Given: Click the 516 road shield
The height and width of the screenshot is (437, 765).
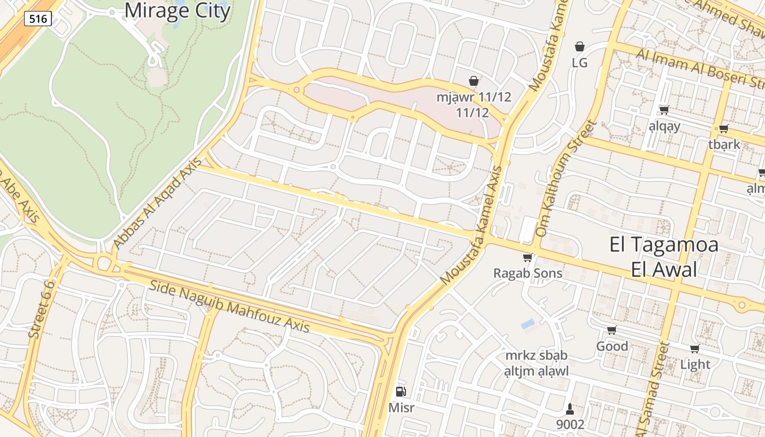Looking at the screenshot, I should click(38, 19).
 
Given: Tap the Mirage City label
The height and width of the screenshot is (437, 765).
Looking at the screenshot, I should click(177, 10).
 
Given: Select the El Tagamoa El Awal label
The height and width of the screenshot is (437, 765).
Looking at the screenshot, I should click(664, 257).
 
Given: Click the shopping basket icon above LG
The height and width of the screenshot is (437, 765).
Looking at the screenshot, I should click(580, 47).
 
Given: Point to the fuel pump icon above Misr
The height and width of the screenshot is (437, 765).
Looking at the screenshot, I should click(401, 391).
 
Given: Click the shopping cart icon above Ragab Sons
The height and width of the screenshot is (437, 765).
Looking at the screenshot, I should click(527, 257).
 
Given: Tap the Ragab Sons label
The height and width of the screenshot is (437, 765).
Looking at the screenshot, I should click(527, 273).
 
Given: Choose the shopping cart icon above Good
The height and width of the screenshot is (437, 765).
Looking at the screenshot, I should click(612, 330).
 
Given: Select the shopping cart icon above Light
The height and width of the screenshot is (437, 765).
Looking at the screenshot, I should click(695, 349).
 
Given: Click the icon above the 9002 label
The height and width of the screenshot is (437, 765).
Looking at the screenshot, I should click(570, 409).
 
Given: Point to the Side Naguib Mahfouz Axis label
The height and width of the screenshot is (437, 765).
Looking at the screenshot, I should click(229, 306).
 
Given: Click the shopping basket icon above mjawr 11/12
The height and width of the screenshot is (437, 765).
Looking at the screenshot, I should click(474, 81).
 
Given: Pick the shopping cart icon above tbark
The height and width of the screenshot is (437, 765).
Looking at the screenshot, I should click(724, 129).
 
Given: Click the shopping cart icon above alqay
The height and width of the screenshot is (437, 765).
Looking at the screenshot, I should click(664, 110).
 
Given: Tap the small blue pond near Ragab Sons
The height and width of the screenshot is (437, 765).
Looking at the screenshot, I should click(528, 324).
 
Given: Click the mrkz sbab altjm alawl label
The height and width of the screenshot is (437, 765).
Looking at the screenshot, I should click(536, 363).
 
